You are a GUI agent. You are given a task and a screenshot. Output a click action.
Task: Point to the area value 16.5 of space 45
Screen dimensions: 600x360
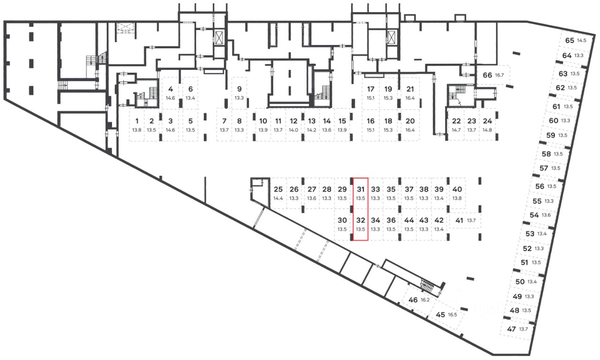coord(452,315)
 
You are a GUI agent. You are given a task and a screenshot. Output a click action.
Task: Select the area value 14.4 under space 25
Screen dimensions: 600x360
coord(278,198)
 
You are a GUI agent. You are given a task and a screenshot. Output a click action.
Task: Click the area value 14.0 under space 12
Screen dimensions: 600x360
coord(293,130)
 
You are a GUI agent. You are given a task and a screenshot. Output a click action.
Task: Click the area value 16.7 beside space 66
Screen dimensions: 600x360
coord(499,75)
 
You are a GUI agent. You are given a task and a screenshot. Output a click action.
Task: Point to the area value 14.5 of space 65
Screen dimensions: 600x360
coord(582,41)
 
